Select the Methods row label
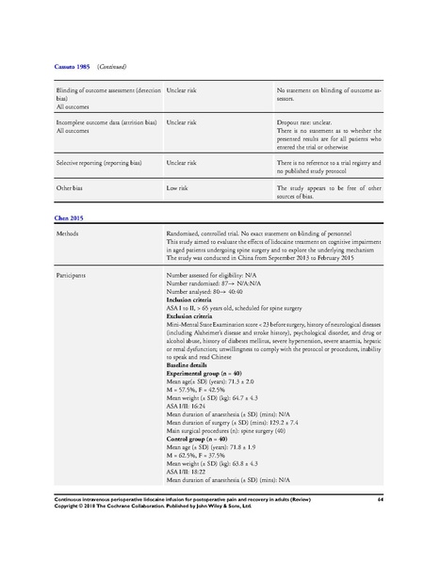68,232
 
